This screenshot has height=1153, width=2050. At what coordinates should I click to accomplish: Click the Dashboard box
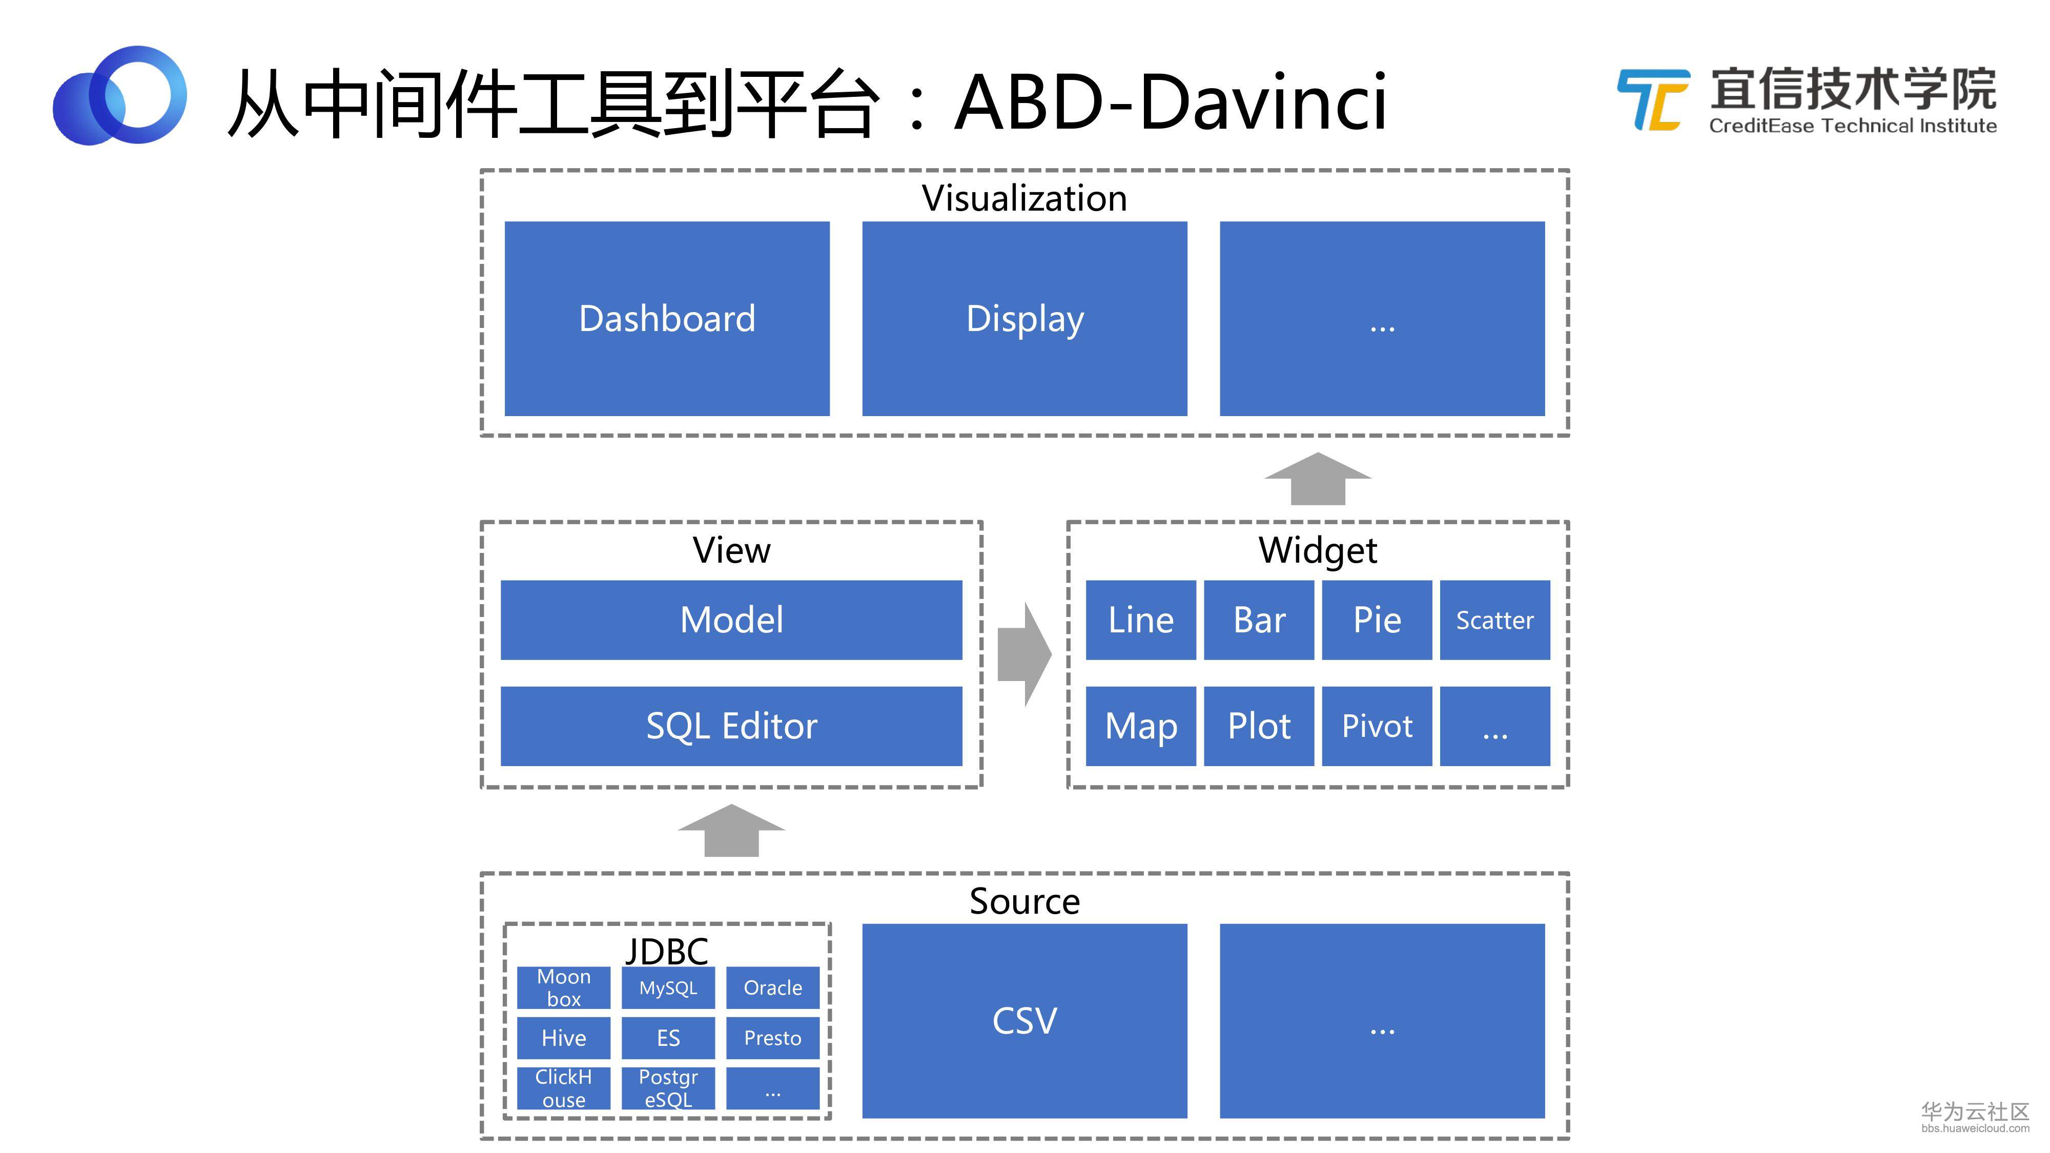(667, 318)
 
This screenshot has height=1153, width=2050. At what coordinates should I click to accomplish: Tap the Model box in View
(731, 620)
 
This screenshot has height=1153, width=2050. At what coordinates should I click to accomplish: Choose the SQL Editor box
(731, 726)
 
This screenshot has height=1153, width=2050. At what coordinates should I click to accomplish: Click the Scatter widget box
(1494, 620)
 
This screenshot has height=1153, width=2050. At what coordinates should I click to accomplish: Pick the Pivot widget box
(1377, 726)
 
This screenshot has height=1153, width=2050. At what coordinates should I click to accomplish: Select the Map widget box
(1140, 726)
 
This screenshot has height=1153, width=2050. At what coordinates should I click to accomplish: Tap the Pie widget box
(1377, 620)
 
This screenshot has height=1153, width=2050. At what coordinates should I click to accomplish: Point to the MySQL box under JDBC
(668, 987)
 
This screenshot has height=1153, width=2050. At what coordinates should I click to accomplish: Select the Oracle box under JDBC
(773, 987)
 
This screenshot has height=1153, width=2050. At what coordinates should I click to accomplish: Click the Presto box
(773, 1038)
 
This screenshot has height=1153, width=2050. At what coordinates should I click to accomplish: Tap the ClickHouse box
(563, 1088)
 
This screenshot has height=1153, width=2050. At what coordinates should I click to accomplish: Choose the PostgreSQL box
(668, 1088)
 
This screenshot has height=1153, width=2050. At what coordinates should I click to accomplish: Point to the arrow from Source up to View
(731, 830)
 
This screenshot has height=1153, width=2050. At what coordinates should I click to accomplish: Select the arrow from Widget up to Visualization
(1318, 478)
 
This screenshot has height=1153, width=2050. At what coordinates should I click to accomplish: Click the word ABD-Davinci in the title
(1171, 102)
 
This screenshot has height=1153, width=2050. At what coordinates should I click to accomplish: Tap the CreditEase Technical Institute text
(1853, 126)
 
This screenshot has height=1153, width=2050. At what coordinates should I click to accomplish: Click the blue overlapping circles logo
(119, 95)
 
